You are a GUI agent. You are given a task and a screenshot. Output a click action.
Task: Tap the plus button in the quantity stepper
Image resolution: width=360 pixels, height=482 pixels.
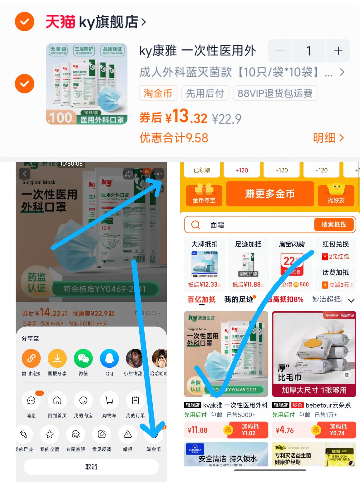[338, 51]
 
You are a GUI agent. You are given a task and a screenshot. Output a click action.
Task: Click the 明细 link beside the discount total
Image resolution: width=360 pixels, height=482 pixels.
[328, 138]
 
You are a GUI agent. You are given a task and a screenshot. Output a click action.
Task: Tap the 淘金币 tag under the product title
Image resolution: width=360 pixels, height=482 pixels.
[158, 93]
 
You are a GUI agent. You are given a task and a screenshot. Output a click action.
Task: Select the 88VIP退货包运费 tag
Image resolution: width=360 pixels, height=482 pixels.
[275, 93]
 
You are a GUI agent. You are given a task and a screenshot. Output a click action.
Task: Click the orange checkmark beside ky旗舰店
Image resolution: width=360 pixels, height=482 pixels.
[24, 22]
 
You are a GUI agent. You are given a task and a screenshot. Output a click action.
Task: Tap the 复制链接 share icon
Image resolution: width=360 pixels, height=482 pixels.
[31, 359]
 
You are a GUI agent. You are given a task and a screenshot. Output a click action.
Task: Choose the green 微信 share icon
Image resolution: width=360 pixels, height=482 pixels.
[83, 359]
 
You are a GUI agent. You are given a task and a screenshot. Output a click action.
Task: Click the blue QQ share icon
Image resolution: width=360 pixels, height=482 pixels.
[109, 359]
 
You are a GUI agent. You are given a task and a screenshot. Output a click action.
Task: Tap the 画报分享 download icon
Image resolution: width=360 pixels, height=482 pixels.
[57, 359]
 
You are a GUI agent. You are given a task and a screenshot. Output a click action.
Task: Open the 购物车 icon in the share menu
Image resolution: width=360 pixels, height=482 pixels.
[109, 400]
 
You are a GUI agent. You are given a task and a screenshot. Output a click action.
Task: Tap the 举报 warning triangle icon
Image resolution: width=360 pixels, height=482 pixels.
[128, 434]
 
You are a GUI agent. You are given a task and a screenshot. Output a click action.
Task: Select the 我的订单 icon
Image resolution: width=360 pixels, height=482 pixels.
[135, 400]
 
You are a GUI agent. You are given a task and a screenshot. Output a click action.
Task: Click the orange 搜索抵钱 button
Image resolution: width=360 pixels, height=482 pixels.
[334, 225]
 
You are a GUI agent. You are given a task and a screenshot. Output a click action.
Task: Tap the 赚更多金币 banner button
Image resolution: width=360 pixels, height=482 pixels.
[270, 194]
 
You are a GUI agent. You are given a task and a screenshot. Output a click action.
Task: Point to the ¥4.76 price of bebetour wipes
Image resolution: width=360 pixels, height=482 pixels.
[285, 430]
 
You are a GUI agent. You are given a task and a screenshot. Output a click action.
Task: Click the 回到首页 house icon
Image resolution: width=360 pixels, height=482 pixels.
[57, 400]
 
